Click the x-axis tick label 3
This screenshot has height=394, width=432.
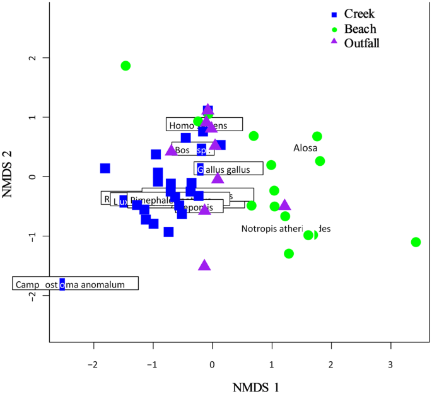390,364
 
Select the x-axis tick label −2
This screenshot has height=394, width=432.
93,364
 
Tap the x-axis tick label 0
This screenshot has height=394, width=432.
213,364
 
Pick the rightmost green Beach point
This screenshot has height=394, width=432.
416,242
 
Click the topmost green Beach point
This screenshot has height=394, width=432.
126,66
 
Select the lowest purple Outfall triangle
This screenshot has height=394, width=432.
204,265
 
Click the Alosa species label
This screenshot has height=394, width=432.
305,148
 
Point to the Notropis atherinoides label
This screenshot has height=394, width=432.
286,229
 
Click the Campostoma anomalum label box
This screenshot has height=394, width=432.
76,284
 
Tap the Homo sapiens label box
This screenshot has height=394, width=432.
204,124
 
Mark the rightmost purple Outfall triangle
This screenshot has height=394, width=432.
285,205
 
